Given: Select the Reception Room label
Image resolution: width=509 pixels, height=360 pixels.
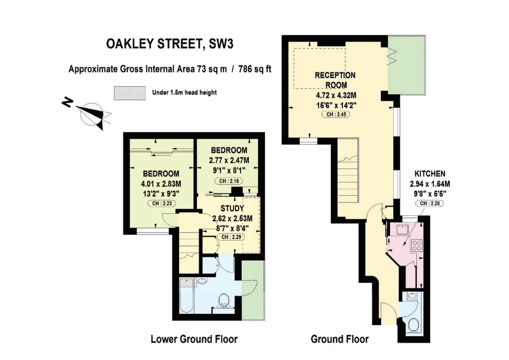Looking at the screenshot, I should click(335, 79).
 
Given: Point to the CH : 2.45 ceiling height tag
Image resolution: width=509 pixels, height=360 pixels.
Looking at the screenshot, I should click(335, 114).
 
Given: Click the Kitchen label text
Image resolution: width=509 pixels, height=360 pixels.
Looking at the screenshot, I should click(430, 173).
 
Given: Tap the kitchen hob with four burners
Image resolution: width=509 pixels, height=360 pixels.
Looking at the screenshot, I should click(416, 246).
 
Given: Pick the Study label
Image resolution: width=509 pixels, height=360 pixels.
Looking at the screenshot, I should click(232, 209).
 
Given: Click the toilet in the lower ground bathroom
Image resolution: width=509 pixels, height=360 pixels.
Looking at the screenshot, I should click(223, 301).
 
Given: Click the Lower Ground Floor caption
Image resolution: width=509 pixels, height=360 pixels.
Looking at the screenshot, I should click(194, 339).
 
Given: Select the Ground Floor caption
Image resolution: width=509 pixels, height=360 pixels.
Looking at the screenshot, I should click(340, 339).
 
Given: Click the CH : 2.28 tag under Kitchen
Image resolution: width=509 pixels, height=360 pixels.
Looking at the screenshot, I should click(430, 204).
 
